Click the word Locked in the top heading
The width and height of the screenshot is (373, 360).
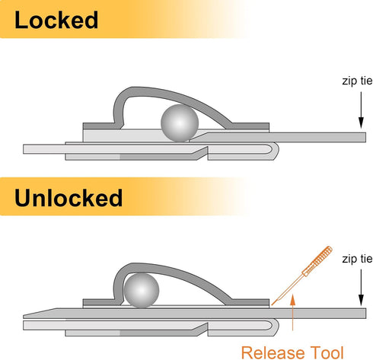(56, 21)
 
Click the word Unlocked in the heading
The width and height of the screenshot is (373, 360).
(69, 198)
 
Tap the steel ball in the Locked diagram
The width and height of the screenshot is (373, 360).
(180, 123)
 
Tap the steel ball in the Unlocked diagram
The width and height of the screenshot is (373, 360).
(142, 290)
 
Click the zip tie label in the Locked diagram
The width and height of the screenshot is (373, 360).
(357, 81)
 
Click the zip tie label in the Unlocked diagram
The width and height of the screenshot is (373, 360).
(357, 259)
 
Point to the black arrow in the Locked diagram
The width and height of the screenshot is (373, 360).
(361, 110)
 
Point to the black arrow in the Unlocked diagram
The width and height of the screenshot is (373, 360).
(361, 288)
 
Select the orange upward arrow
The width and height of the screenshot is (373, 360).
(293, 312)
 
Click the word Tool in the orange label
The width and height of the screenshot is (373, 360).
(327, 352)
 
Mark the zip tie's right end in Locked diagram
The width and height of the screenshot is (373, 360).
(365, 137)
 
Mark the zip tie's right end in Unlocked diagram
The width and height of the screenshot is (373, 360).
(365, 314)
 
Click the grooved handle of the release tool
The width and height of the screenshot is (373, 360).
(317, 261)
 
